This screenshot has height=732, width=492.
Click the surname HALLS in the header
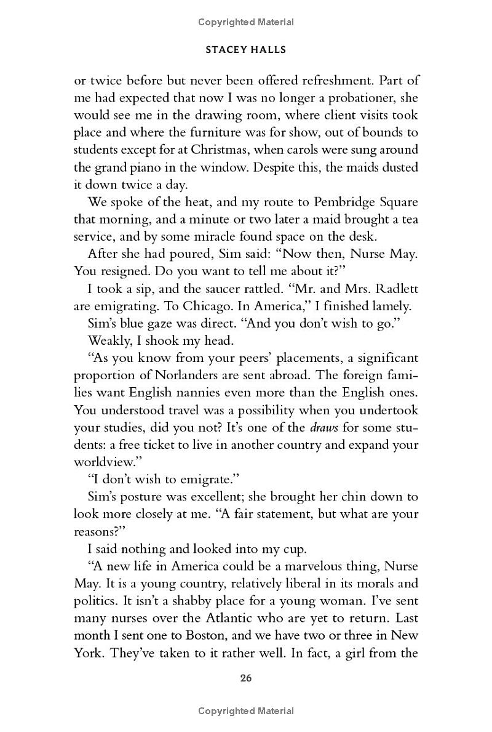(267, 50)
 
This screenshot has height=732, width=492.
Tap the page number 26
(246, 679)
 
